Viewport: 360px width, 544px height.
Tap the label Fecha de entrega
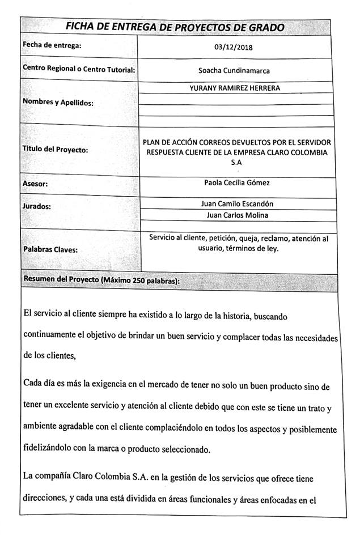pos(52,45)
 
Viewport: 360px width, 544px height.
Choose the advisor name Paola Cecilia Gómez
pos(236,182)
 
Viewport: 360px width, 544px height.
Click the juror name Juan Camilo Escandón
pos(237,203)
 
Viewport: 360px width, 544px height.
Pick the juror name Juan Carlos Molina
pos(237,215)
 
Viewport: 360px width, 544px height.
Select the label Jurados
pos(37,206)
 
